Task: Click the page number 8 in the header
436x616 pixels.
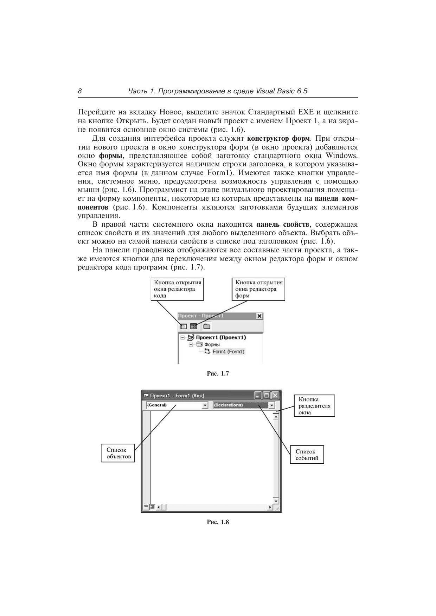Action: tap(80, 91)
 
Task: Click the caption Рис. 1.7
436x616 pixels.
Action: tap(218, 373)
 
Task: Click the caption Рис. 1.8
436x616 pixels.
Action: tap(218, 522)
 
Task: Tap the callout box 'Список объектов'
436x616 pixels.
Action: tap(118, 453)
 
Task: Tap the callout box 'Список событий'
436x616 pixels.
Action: tap(307, 455)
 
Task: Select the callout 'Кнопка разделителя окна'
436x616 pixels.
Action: tap(314, 406)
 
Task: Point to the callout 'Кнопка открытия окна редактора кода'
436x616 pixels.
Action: tap(178, 289)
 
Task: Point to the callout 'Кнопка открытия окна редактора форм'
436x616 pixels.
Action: tap(258, 289)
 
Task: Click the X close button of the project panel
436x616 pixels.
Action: tap(259, 316)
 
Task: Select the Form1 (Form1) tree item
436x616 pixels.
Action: tap(228, 351)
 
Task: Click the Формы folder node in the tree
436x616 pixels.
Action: tap(212, 344)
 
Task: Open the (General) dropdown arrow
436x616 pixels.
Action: tap(205, 405)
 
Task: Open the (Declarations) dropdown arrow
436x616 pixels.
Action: tap(271, 405)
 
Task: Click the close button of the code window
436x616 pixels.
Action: tap(275, 396)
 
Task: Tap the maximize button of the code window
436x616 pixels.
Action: tap(267, 396)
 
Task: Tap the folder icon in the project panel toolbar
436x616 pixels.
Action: tap(207, 326)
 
